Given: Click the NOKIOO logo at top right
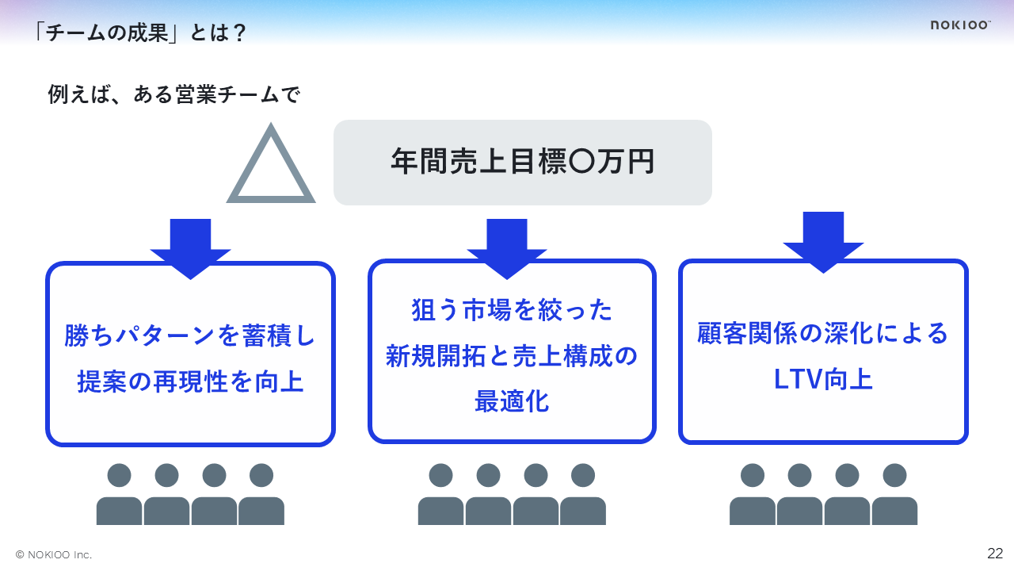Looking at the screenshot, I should (x=960, y=25).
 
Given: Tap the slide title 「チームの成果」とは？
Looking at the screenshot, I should (x=140, y=33).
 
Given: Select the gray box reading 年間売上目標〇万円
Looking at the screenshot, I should (x=522, y=162).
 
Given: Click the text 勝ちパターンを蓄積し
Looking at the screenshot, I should (x=190, y=336).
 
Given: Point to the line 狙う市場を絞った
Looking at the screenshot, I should (x=512, y=310).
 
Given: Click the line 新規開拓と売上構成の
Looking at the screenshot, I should (x=512, y=356).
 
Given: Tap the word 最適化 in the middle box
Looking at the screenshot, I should (x=512, y=401).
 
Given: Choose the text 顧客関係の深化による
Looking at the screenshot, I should (x=823, y=333).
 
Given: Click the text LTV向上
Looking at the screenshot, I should (x=823, y=379).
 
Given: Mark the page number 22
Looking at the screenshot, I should (x=995, y=553).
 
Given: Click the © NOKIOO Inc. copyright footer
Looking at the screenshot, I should (x=54, y=554).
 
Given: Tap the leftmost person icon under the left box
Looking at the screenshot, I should (x=119, y=495).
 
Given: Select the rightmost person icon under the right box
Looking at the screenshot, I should (x=894, y=495).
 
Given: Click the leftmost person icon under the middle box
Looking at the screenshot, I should (x=440, y=495).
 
